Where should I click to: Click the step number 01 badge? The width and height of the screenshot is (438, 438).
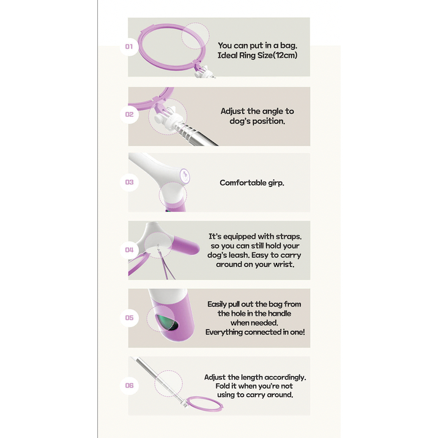coord(129,46)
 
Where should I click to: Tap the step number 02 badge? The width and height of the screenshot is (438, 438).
coord(129,114)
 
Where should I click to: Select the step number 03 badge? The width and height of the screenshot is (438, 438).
coord(129,182)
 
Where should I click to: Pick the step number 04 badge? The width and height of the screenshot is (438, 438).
coord(129,250)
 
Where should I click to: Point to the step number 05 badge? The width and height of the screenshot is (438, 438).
coord(129,317)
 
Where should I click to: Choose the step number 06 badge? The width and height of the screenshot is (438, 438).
coord(129,385)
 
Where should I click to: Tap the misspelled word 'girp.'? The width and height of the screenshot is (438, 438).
coord(276,184)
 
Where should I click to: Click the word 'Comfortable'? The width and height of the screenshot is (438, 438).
coord(243,183)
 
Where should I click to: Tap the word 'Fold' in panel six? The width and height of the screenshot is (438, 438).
coord(221,386)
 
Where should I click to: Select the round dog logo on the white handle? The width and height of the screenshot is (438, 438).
coord(185,176)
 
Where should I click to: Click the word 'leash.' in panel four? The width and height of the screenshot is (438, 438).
coord(239,255)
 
